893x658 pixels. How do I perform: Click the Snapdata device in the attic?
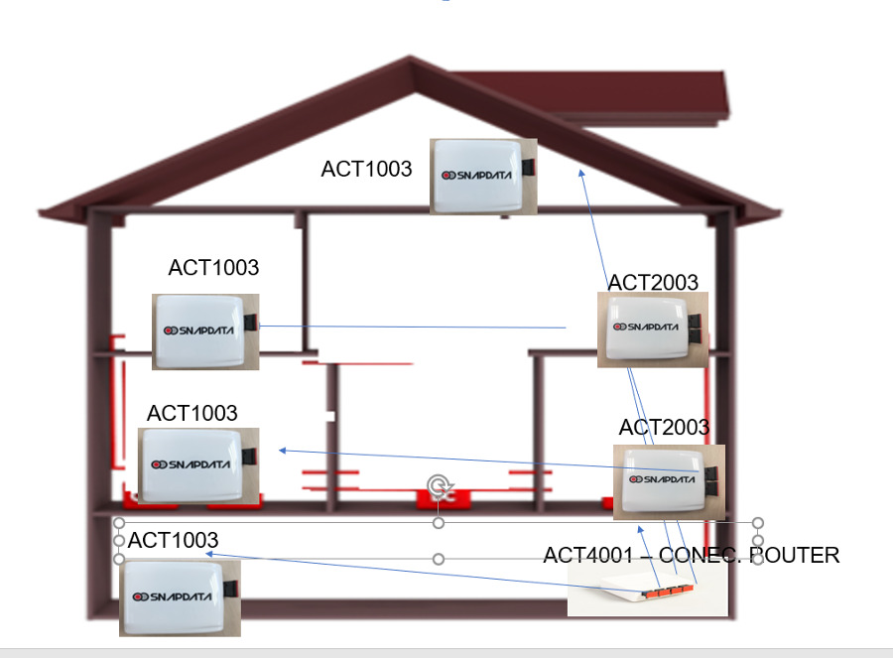[483, 176]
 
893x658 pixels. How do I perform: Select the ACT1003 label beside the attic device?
[366, 169]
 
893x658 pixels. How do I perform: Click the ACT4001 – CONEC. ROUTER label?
[691, 555]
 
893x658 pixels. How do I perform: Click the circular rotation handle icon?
[439, 486]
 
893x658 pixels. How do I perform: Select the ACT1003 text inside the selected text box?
[173, 540]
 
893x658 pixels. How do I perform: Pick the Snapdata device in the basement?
[180, 597]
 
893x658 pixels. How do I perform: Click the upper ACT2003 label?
[653, 282]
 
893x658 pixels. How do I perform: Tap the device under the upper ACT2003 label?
[653, 329]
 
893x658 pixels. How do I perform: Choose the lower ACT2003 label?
[664, 427]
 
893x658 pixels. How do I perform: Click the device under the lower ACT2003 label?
[669, 482]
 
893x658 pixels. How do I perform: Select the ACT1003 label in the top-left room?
[213, 267]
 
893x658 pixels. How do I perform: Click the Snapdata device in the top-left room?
[205, 331]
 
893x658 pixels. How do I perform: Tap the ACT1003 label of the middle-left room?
[191, 413]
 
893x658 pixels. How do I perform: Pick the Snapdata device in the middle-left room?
[198, 465]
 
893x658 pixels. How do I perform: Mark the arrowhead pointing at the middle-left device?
[283, 451]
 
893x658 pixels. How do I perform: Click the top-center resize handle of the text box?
[439, 522]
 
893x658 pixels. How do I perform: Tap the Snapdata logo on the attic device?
[476, 175]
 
